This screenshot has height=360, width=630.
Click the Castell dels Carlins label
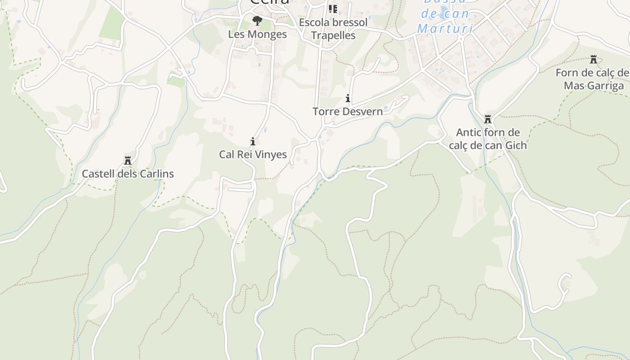pos(128,174)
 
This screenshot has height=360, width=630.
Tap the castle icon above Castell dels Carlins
pos(128,161)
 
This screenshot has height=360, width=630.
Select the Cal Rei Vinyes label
pos(253,154)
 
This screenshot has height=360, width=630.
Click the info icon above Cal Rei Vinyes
pos(253,141)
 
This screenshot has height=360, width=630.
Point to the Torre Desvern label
pos(348,111)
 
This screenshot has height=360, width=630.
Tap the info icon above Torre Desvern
pos(347,98)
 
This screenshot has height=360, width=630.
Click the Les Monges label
pos(257,34)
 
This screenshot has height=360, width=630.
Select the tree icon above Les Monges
pos(257,20)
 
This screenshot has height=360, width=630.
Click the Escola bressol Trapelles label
pos(333,29)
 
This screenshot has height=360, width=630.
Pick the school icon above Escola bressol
pos(333,9)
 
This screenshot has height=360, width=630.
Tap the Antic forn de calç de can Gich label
pos(488,139)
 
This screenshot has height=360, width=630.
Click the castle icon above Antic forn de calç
pos(487,119)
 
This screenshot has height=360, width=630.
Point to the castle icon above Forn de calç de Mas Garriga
pos(594,59)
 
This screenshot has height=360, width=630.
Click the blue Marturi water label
pos(445,28)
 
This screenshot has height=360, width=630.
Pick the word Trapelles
pos(333,35)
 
